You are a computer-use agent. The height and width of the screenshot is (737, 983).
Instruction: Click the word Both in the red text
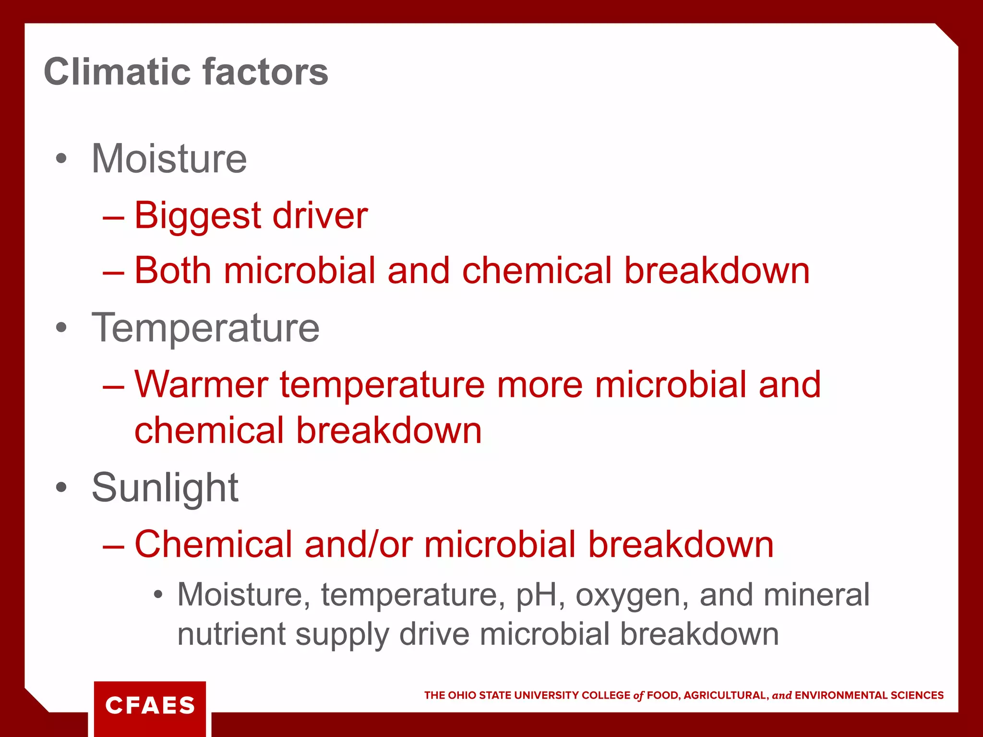click(x=173, y=271)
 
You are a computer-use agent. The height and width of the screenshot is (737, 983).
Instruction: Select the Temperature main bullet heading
click(x=205, y=328)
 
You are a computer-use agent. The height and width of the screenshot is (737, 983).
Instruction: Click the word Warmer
click(x=201, y=385)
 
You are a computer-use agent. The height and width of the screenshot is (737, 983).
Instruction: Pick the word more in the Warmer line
click(x=539, y=385)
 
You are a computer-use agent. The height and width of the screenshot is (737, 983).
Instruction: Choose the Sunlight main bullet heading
click(x=165, y=488)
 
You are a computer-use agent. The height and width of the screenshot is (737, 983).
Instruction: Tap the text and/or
click(x=359, y=545)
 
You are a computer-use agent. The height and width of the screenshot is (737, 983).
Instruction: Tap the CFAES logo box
click(x=150, y=706)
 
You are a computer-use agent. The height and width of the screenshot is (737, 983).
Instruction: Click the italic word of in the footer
click(x=638, y=696)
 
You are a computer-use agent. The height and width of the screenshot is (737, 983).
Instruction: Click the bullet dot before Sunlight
click(x=61, y=487)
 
